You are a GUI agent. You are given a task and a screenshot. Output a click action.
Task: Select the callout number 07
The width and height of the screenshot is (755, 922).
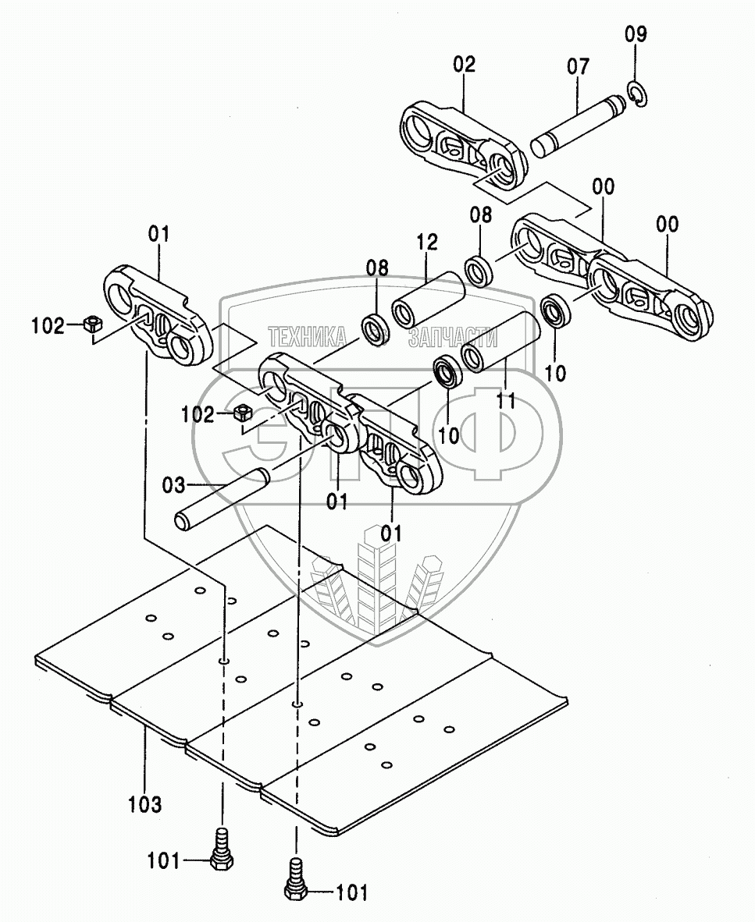(579, 66)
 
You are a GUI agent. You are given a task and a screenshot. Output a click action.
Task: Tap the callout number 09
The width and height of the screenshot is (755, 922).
(636, 34)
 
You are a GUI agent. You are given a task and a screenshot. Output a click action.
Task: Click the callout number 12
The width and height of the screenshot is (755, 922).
(427, 242)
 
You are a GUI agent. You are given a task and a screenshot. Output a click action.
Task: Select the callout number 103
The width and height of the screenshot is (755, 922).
(146, 803)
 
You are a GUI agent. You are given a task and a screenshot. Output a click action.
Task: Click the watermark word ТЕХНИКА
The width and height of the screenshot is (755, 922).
(308, 336)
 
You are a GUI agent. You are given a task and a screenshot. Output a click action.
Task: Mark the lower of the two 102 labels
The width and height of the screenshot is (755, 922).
(198, 415)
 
